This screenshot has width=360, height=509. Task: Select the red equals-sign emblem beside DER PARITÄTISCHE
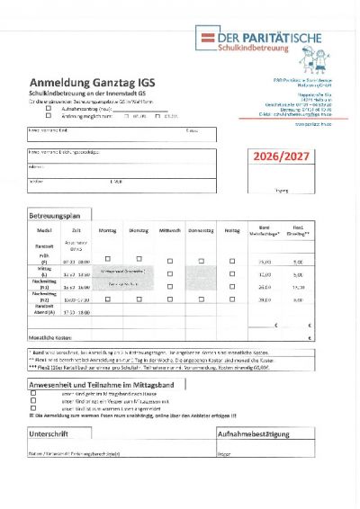208,38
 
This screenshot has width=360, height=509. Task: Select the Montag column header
107,231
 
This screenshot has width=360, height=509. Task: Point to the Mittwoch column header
169,231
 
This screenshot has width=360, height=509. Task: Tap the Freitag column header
232,231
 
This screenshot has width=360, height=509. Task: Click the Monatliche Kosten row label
53,336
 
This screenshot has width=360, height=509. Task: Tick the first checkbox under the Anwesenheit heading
33,393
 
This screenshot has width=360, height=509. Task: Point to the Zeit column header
70,231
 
